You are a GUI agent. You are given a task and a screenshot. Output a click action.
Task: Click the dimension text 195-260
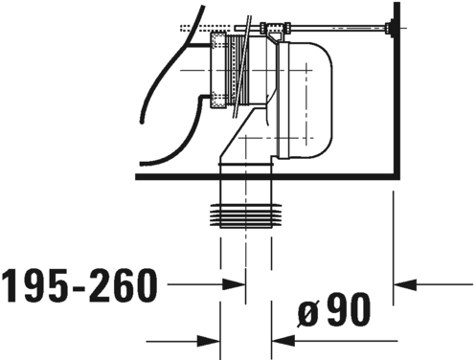tap(79, 283)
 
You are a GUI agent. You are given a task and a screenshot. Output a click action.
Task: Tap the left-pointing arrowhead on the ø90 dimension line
tap(282, 339)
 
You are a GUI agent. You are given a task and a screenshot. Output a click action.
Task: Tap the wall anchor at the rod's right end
tap(388, 30)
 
